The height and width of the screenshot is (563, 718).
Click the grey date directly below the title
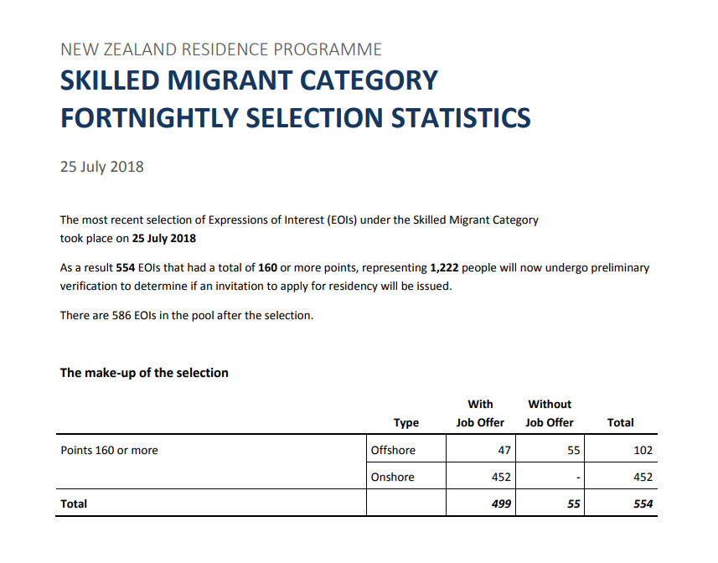[x=101, y=167]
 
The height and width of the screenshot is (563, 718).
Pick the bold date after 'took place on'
[x=164, y=238]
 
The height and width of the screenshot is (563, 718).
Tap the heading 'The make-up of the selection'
[x=144, y=373]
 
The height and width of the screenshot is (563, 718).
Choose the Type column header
[x=406, y=423]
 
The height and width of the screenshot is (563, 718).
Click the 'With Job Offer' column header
[x=480, y=414]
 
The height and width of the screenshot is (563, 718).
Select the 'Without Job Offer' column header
[x=550, y=414]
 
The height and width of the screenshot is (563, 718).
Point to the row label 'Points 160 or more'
[x=109, y=451]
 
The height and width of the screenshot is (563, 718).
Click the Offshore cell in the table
[x=393, y=451]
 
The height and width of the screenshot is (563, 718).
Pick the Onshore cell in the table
[x=393, y=478]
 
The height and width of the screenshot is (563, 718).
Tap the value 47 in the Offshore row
[x=504, y=451]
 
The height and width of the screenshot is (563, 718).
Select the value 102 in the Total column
[x=643, y=451]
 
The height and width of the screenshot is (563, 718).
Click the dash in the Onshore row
[x=578, y=478]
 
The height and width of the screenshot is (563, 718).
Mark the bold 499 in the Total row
[x=501, y=504]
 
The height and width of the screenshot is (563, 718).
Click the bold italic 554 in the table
[x=643, y=504]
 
